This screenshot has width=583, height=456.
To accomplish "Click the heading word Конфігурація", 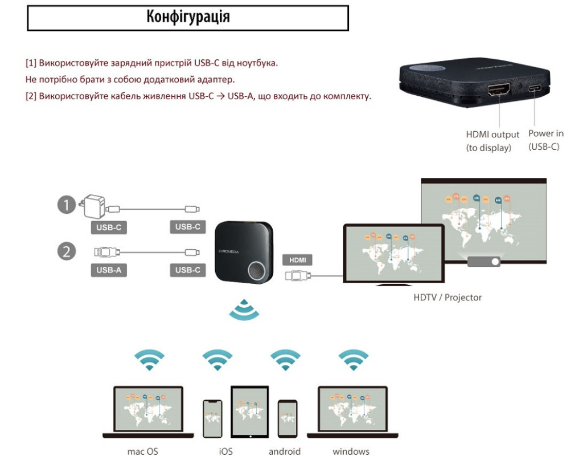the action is click(x=188, y=17).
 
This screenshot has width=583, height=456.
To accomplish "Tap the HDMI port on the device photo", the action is click(x=499, y=89).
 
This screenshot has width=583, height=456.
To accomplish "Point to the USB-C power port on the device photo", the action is click(x=534, y=88).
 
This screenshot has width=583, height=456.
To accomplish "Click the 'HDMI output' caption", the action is click(x=492, y=135).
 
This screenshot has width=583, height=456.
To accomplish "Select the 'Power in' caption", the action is click(x=546, y=133).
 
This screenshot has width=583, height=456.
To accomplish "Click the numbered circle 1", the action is click(x=67, y=205).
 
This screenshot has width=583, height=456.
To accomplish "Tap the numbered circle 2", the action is click(x=67, y=251).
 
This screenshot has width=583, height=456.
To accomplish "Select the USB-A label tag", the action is click(x=109, y=270).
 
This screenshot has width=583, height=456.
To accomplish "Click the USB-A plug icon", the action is click(x=106, y=253).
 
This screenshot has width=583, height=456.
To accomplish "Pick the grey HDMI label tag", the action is click(x=297, y=260).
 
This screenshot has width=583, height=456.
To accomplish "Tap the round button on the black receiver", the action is click(x=257, y=270).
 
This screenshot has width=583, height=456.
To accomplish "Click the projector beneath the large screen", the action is click(x=483, y=261).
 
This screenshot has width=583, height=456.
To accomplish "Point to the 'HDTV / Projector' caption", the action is click(x=447, y=298).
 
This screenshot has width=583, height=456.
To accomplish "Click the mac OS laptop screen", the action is click(x=148, y=409).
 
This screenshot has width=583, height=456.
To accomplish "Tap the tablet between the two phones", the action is click(x=250, y=412).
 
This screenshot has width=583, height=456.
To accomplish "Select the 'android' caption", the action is click(x=285, y=451).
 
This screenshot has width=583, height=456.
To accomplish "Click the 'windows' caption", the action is click(x=351, y=451).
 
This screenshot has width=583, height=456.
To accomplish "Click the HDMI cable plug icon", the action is click(x=297, y=276).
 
